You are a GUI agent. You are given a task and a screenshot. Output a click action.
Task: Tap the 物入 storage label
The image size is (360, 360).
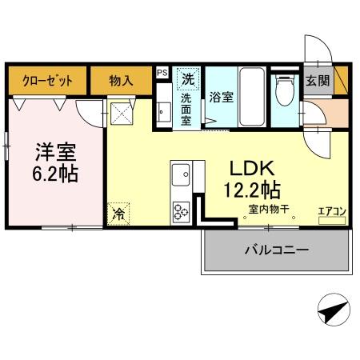121,81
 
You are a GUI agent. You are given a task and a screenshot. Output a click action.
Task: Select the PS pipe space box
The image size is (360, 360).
162,73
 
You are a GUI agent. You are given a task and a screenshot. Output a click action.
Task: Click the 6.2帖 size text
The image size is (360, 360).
55,174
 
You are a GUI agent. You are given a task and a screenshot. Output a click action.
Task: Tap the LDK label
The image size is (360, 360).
253,168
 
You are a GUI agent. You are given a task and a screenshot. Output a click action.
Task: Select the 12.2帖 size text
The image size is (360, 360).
253,191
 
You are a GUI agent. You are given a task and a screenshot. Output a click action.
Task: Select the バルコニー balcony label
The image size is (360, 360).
276,250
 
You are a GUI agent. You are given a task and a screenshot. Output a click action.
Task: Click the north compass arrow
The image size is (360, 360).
334,310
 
